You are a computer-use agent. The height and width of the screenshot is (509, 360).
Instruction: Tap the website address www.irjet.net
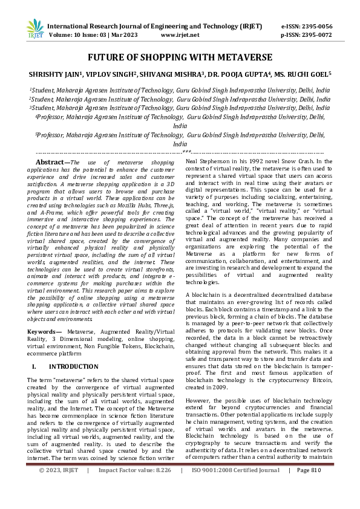(180, 35)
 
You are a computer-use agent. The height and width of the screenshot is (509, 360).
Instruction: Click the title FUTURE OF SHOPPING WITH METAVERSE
(180, 57)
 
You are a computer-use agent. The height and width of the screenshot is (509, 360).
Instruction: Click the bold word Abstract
(51, 163)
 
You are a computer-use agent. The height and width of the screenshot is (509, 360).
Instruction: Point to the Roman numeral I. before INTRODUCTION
(34, 366)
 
